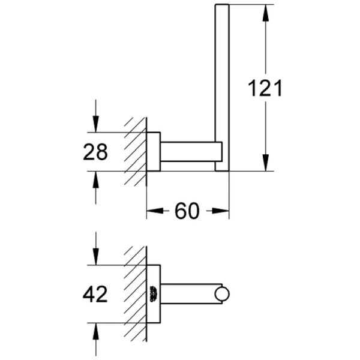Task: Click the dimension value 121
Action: (265, 88)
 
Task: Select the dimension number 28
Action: (95, 152)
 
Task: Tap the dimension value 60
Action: (187, 211)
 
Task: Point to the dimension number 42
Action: (95, 294)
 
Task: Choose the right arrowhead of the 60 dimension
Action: (223, 211)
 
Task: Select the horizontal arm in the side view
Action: (189, 151)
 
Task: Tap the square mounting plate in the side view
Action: (154, 151)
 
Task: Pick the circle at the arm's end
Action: (223, 294)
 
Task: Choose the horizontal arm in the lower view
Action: (189, 294)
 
